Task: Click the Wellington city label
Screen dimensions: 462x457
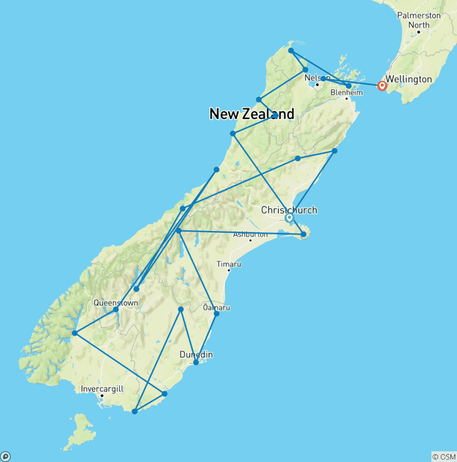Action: pos(408,79)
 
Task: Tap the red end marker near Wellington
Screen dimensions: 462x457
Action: pos(382,86)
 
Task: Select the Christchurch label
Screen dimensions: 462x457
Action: pos(289,210)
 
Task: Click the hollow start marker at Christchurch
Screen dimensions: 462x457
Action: pos(289,218)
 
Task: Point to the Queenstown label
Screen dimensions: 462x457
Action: pos(115,302)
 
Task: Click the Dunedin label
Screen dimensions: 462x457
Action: pos(196,355)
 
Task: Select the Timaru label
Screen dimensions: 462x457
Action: pos(228,263)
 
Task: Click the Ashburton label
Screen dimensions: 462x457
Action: pos(250,234)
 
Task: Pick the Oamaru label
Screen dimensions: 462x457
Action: pos(216,307)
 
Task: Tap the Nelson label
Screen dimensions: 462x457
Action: pos(316,77)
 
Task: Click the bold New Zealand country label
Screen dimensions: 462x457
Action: pos(252,114)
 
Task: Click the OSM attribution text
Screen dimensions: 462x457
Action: pos(443,457)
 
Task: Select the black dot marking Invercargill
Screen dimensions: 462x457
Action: pos(102,396)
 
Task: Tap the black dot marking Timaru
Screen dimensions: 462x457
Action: pos(228,270)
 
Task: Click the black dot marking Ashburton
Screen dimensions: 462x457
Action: pos(251,241)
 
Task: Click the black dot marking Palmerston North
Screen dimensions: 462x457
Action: pos(419,32)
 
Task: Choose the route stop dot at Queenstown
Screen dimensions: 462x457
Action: pos(116,310)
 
